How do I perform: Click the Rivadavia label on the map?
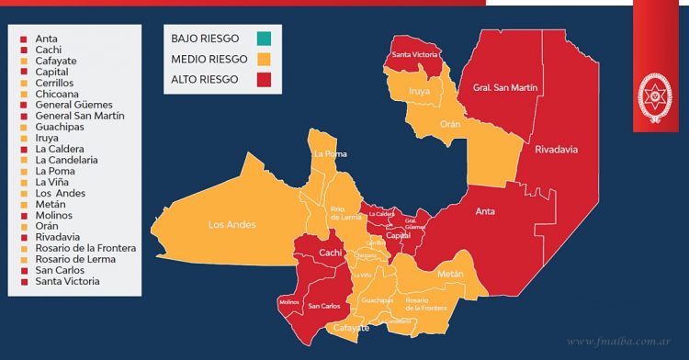tap(556, 149)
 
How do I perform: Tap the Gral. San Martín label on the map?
tap(504, 88)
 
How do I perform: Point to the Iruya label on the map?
tap(419, 91)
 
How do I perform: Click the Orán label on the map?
tap(450, 124)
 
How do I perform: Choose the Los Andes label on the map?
tap(232, 224)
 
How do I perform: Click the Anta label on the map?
tap(485, 211)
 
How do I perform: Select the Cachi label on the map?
tap(331, 253)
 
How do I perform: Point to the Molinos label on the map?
tap(288, 301)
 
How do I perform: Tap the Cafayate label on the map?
tap(351, 327)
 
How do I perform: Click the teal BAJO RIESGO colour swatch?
tap(265, 39)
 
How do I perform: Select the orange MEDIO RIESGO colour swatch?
tap(265, 59)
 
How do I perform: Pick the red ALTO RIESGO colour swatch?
tap(265, 80)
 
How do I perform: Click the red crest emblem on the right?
tap(655, 98)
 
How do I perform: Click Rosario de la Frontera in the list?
tap(85, 248)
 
